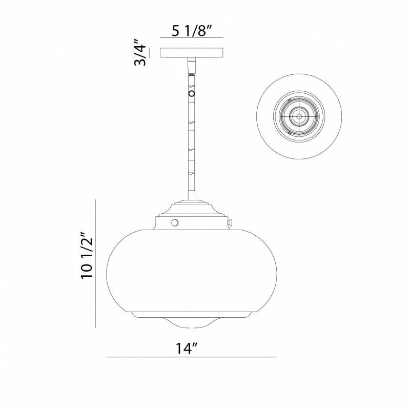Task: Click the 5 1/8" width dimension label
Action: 191,31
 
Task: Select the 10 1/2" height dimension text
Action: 88,257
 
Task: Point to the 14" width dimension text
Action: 187,348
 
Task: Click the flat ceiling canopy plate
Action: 192,53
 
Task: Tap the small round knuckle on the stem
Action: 192,94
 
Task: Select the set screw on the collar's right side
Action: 231,222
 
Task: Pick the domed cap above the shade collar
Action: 192,207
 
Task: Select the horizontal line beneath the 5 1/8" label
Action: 192,39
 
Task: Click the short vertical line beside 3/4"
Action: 150,53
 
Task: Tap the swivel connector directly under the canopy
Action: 192,66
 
